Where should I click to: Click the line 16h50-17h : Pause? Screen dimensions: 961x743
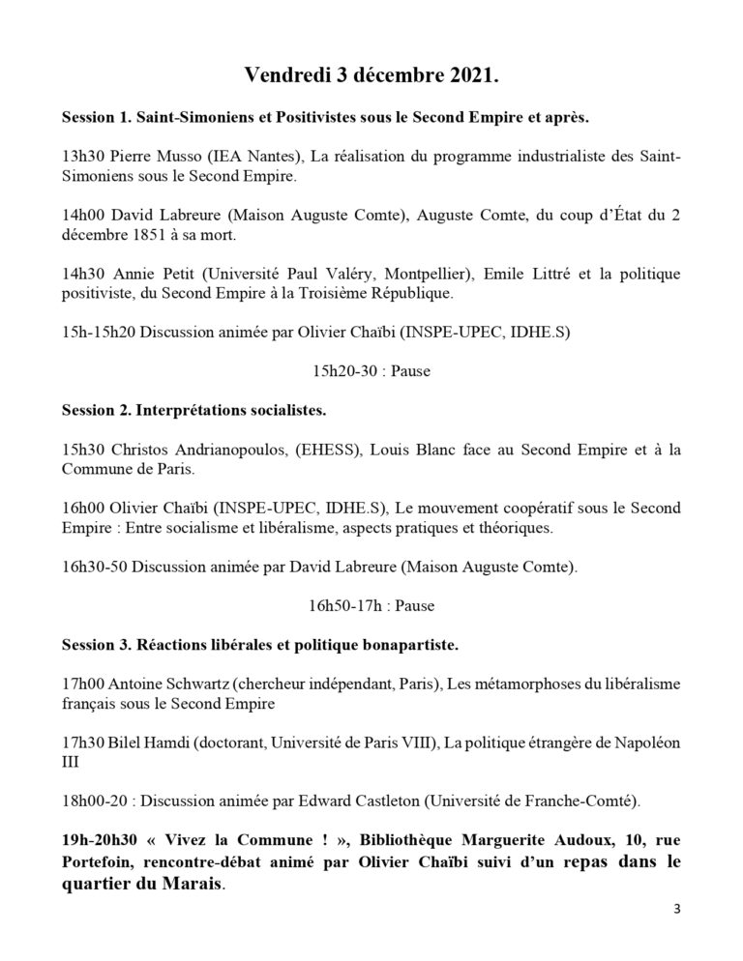371,607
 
